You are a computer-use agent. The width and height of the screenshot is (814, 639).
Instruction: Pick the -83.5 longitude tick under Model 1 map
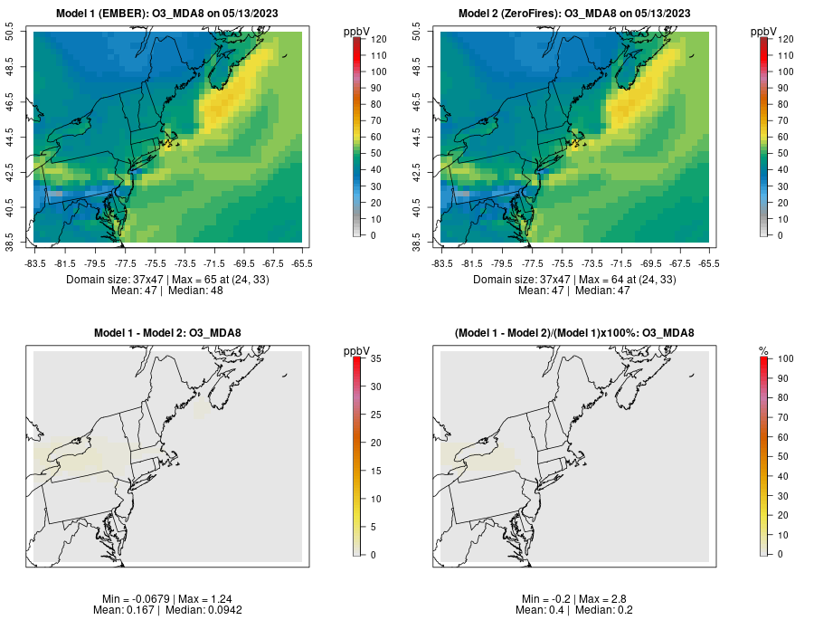pos(35,263)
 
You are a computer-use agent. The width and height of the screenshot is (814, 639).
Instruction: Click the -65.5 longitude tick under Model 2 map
pos(709,263)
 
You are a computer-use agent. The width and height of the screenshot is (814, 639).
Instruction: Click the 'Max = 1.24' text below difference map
pos(193,599)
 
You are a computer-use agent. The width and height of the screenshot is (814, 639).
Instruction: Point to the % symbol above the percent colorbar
pos(763,351)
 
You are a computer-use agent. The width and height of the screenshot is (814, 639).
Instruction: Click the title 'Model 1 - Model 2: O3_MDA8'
pos(167,333)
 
